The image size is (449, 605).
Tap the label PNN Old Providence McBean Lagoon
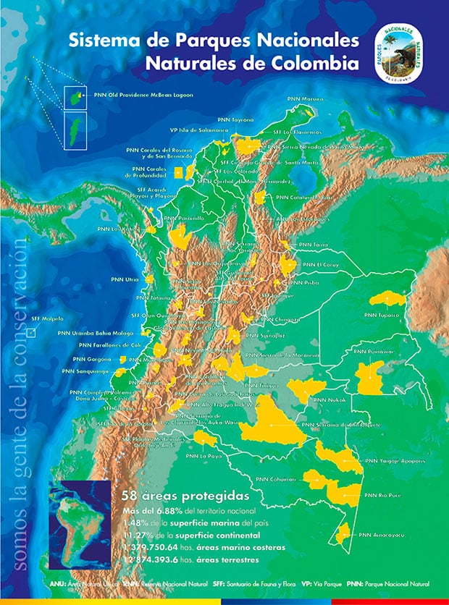(138, 95)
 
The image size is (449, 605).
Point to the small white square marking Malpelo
(31, 333)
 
